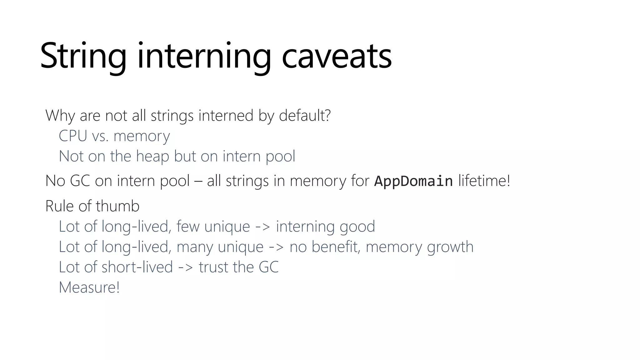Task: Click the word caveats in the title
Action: (337, 56)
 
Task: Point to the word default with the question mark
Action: (305, 116)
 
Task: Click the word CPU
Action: (73, 136)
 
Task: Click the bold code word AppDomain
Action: (413, 181)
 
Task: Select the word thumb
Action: (117, 206)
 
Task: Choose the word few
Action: (188, 227)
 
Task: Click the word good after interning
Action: (357, 227)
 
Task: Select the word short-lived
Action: (137, 267)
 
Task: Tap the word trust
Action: (213, 267)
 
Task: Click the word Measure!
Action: (89, 287)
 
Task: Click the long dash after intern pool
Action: (198, 181)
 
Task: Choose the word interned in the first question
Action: (226, 116)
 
